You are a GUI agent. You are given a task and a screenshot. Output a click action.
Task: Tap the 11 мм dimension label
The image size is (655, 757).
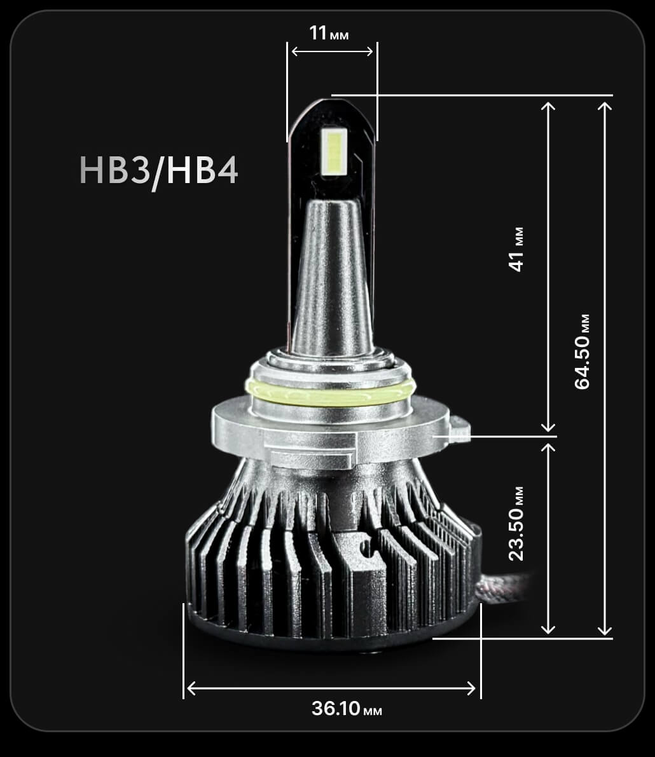pos(329,33)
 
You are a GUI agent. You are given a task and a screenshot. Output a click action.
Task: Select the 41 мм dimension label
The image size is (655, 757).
pos(516,249)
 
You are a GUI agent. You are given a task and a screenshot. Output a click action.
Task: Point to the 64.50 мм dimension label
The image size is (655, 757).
pos(582,351)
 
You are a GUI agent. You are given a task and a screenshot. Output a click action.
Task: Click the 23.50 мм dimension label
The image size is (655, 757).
pos(516,524)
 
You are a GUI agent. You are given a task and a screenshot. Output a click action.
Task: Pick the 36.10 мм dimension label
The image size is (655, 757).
pos(347,709)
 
